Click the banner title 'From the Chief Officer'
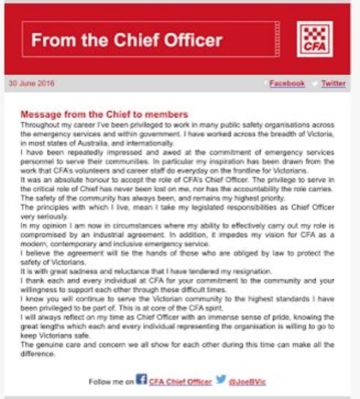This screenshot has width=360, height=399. [126, 41]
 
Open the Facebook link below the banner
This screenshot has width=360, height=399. [287, 83]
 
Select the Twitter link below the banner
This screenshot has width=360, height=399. [333, 83]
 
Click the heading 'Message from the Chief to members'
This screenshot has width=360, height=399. [104, 115]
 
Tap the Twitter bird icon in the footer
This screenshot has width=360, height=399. [221, 380]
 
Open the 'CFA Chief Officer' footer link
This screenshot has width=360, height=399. [179, 381]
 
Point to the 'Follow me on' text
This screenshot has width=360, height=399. [111, 381]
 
